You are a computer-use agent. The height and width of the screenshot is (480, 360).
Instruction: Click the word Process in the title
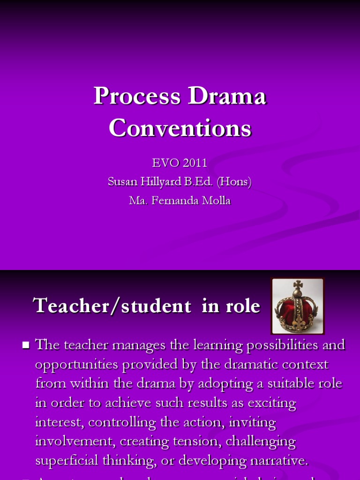click(x=137, y=96)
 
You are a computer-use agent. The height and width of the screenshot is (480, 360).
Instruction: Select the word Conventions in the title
click(x=180, y=128)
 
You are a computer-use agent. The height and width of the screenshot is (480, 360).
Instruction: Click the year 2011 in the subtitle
click(x=195, y=163)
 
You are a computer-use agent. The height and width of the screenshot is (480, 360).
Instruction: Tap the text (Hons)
click(x=234, y=182)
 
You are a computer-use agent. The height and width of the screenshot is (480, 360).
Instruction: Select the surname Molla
click(x=215, y=201)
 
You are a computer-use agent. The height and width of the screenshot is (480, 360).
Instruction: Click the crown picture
click(x=297, y=306)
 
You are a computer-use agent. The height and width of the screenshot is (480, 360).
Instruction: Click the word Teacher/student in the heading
click(x=112, y=306)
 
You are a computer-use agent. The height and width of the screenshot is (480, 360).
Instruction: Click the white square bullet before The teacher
click(x=26, y=345)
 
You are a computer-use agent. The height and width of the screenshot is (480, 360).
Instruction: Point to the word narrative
click(x=279, y=461)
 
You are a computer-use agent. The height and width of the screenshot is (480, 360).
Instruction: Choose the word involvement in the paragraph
click(x=75, y=441)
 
